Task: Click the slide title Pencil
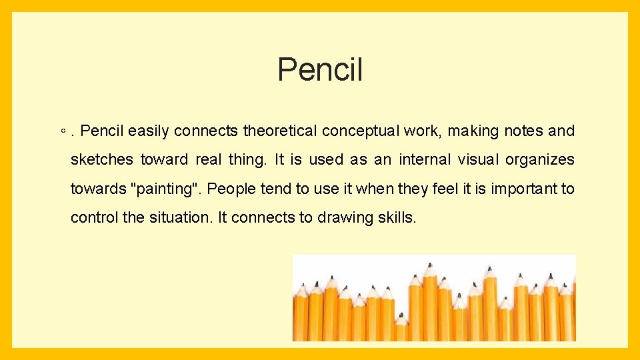[320, 69]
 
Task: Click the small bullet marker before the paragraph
[61, 131]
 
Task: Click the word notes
[523, 131]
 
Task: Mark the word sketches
[103, 160]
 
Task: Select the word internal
[423, 160]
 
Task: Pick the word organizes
[539, 160]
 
